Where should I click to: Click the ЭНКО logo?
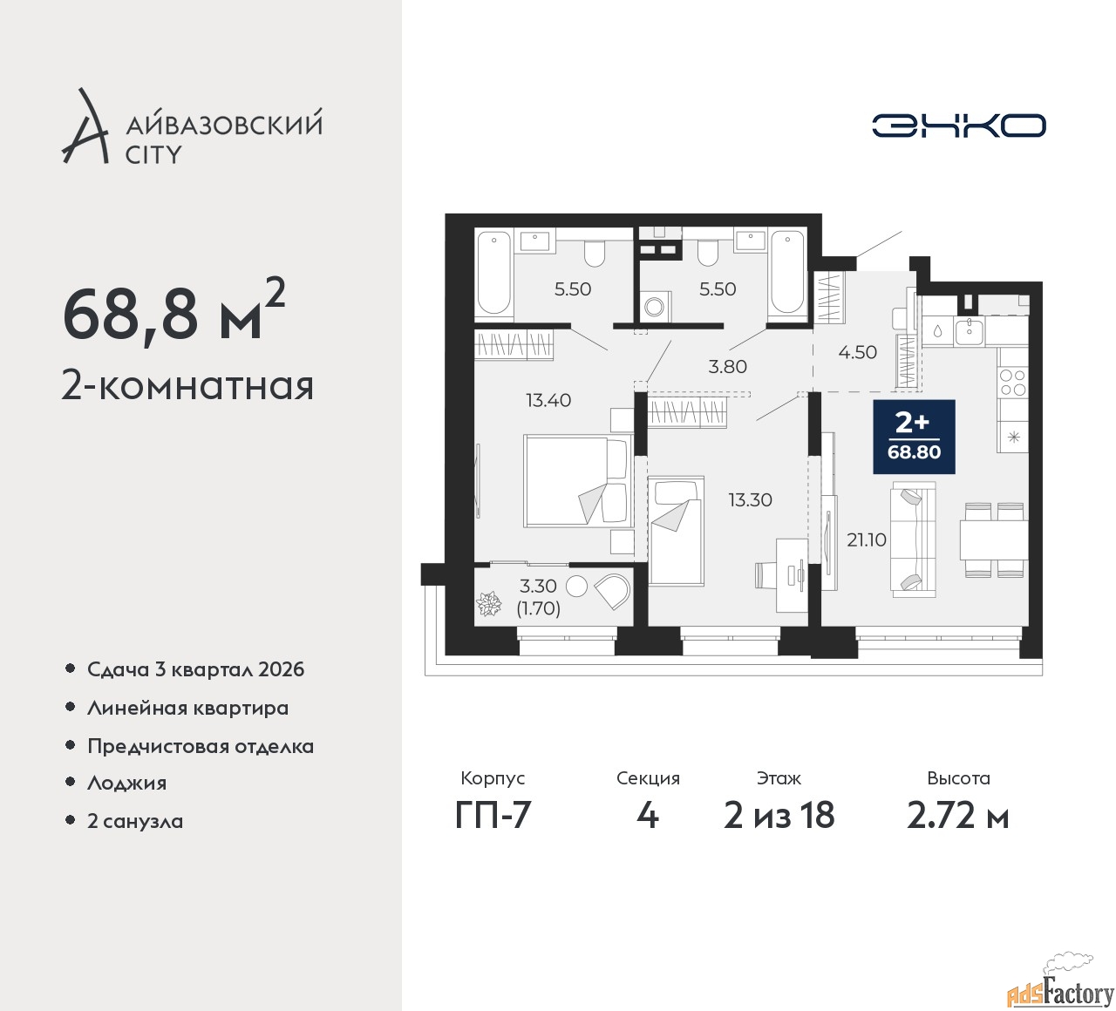click(x=958, y=126)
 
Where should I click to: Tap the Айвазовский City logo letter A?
click(x=84, y=126)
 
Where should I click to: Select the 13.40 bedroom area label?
click(x=548, y=400)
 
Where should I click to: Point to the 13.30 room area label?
click(x=750, y=499)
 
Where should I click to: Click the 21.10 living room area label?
click(x=866, y=539)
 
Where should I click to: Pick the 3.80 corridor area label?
click(x=727, y=366)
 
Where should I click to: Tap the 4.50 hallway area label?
click(x=857, y=352)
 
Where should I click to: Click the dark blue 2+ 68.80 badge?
click(x=914, y=437)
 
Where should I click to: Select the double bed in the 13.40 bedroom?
click(x=578, y=481)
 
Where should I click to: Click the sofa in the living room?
click(x=913, y=539)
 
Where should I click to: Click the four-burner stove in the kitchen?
click(x=1012, y=383)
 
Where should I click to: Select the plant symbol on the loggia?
click(x=489, y=603)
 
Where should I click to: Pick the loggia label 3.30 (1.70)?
click(x=539, y=597)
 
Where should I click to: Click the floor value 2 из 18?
click(x=779, y=815)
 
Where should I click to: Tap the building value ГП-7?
click(x=493, y=815)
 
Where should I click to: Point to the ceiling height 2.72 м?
click(x=958, y=815)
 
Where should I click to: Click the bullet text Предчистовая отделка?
click(x=201, y=746)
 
